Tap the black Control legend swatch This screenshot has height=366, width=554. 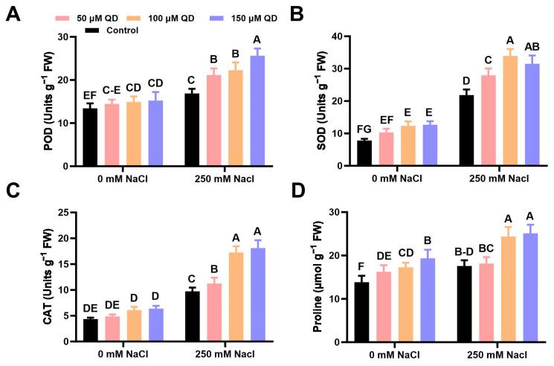93,30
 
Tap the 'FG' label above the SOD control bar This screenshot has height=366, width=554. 364,129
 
